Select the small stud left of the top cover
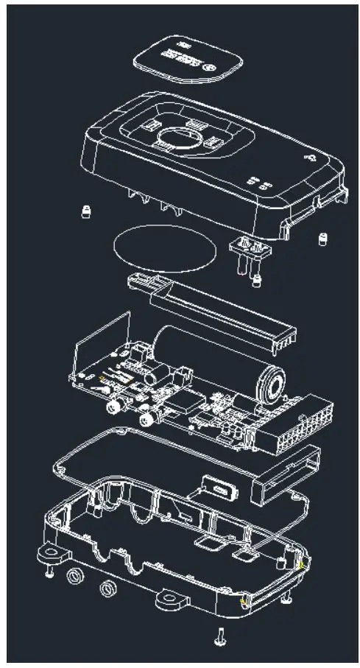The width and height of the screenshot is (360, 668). (x=86, y=212)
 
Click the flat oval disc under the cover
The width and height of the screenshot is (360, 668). (x=162, y=248)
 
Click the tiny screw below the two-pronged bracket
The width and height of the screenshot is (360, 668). (x=257, y=281)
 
